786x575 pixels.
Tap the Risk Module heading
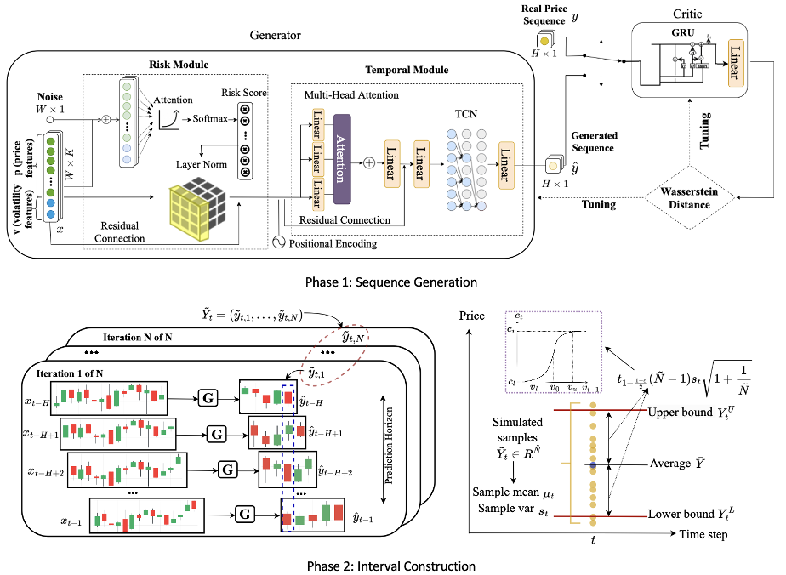[179, 65]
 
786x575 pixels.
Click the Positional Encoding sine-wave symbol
[276, 242]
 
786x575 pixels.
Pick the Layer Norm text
[202, 164]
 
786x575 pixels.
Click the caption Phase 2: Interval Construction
[391, 565]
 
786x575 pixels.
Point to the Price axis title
[473, 316]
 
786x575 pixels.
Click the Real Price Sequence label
[544, 14]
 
